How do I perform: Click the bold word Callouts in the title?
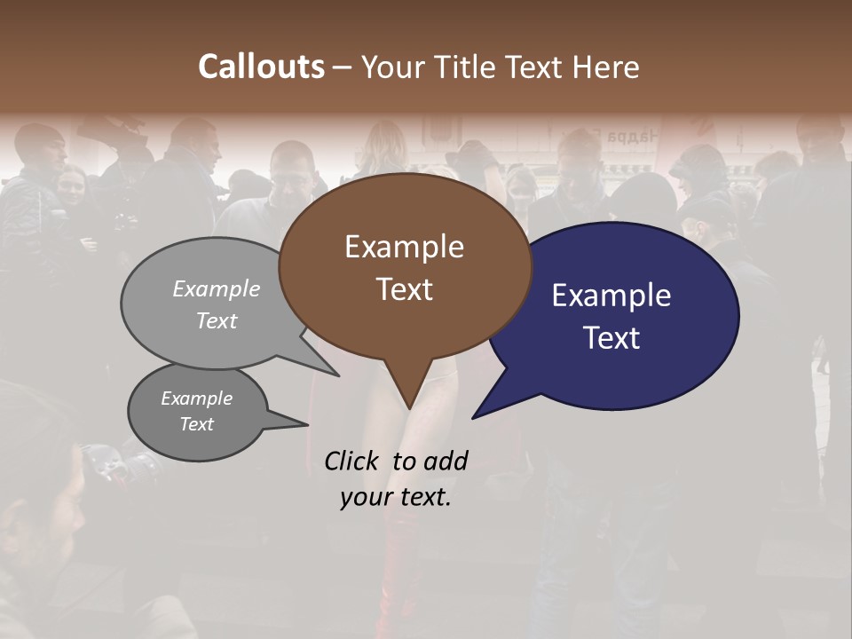pos(261,67)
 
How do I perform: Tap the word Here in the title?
pos(606,67)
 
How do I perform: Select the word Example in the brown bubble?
pos(404,247)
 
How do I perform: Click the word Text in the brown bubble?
pos(404,289)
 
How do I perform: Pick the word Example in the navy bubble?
pos(611,296)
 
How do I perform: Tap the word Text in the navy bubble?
pos(611,338)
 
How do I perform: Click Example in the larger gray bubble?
pos(217,288)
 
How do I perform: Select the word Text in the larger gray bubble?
pos(217,320)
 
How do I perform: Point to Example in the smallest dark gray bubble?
pos(196,398)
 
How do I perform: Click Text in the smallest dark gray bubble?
pos(196,424)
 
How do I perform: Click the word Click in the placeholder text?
pos(353,461)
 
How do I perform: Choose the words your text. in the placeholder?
pos(395,497)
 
